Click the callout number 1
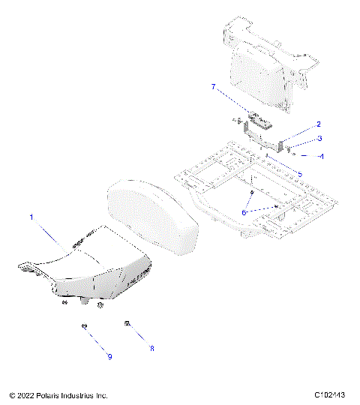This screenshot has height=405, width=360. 32,217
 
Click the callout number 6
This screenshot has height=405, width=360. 244,213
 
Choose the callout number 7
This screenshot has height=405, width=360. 214,88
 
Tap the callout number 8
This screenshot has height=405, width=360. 151,349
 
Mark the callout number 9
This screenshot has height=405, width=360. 109,356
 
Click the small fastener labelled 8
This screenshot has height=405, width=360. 128,323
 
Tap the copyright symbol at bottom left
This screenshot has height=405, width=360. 13,394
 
